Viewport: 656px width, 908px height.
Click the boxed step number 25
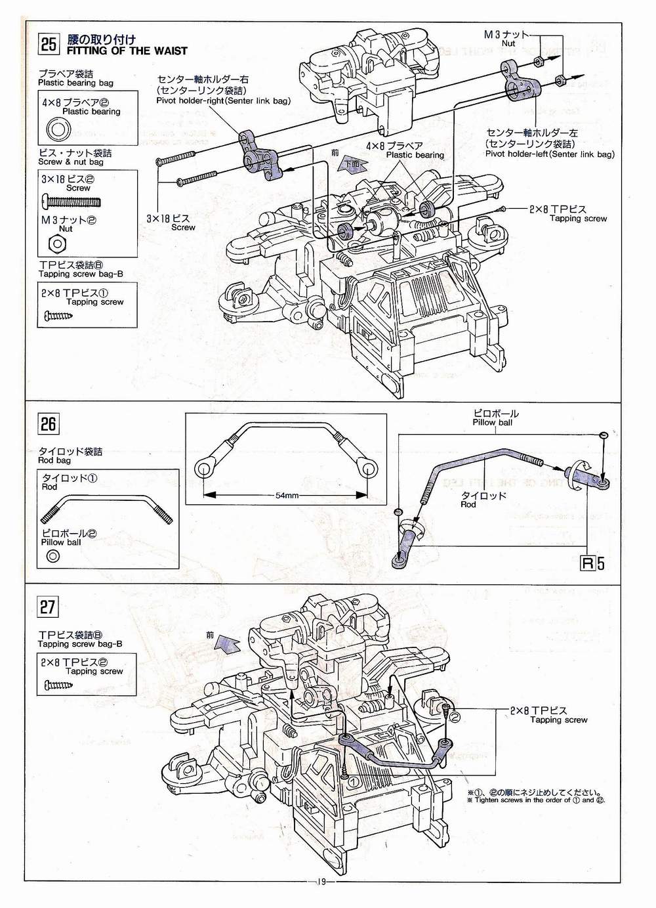click(49, 44)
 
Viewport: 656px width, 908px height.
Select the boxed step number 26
click(49, 423)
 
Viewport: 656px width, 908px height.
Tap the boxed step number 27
click(48, 606)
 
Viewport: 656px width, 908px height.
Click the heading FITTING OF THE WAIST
click(127, 51)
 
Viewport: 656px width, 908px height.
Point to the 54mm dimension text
click(287, 495)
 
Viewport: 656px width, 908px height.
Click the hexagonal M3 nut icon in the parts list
click(57, 244)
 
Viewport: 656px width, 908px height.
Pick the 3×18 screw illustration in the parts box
click(70, 200)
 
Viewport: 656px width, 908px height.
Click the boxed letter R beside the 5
click(588, 563)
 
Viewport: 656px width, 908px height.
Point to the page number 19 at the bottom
click(321, 899)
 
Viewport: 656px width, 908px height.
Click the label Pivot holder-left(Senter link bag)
click(550, 154)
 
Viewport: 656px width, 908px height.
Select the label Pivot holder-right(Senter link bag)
click(223, 100)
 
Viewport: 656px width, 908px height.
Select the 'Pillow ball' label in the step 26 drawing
click(492, 423)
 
